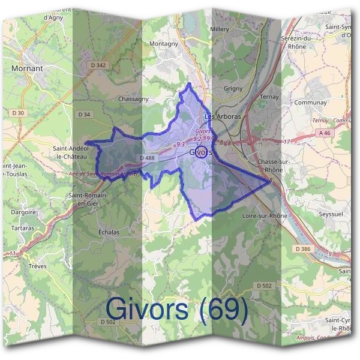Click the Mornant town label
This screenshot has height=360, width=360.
click(x=27, y=68)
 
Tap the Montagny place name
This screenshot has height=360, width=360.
click(x=164, y=44)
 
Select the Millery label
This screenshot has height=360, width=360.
click(x=220, y=29)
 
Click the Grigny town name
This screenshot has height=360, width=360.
click(x=233, y=88)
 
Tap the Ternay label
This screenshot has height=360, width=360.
click(x=270, y=97)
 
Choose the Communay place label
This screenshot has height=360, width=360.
click(x=311, y=103)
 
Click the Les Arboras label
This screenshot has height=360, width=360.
click(x=223, y=116)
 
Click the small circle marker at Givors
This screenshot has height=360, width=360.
click(x=202, y=151)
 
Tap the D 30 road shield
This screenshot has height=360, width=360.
click(x=18, y=113)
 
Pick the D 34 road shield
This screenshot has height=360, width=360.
click(x=84, y=114)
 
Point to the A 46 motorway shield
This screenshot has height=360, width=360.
click(x=325, y=133)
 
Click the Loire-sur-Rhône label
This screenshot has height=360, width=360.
click(x=265, y=215)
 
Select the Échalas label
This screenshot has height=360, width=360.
click(x=109, y=232)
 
